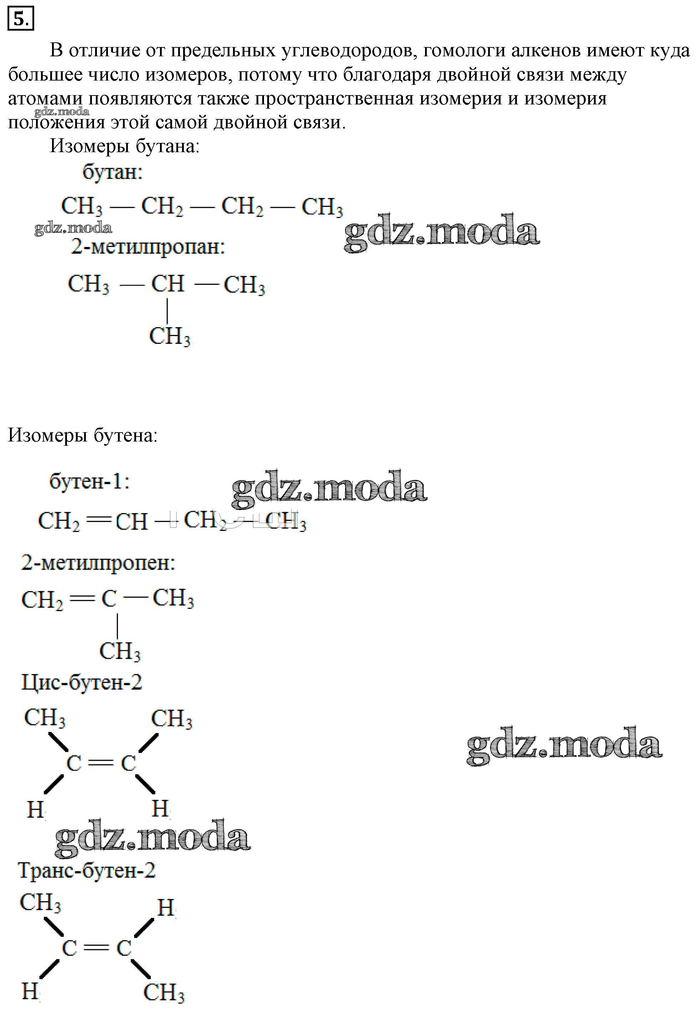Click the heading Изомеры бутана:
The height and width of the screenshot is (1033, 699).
click(125, 146)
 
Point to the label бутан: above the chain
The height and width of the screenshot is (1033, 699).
click(113, 172)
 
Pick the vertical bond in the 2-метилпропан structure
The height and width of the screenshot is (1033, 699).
click(167, 310)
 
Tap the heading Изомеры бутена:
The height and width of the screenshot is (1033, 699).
click(83, 435)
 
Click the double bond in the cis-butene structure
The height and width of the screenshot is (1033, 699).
click(101, 763)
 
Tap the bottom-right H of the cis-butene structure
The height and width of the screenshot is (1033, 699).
click(160, 809)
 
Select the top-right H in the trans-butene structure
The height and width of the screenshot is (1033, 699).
click(166, 908)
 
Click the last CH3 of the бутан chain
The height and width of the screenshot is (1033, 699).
click(322, 207)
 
